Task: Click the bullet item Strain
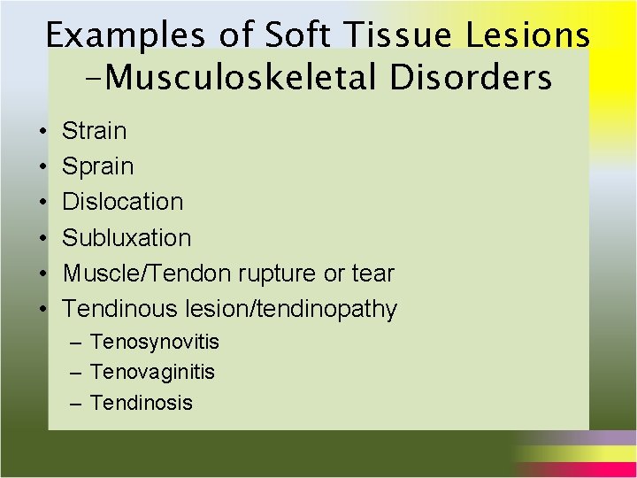95,131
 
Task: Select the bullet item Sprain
98,166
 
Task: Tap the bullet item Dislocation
123,202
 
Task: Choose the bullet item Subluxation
127,237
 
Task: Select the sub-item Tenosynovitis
155,342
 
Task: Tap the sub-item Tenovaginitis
152,372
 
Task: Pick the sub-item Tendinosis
142,403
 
